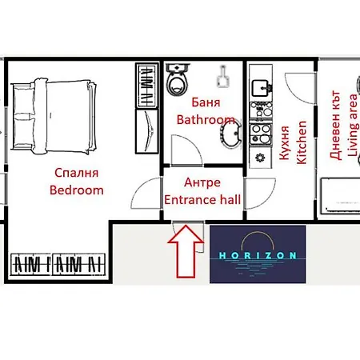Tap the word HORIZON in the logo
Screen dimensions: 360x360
258,255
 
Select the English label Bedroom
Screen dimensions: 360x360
77,190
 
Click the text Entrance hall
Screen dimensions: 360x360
202,198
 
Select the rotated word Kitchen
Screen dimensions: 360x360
302,142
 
